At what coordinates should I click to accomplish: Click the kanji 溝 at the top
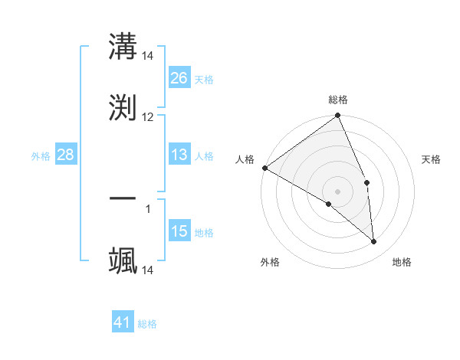(123, 45)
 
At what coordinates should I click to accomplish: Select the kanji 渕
(123, 106)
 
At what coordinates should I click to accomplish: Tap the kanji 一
(123, 198)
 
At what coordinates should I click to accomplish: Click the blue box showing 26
(179, 78)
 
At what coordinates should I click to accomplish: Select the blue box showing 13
(179, 155)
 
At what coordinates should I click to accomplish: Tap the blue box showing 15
(179, 231)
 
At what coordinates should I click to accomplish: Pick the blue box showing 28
(66, 155)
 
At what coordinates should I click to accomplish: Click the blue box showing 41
(123, 322)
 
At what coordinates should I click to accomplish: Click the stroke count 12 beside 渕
(148, 117)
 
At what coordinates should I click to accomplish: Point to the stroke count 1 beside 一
(148, 208)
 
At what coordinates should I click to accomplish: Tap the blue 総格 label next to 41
(148, 324)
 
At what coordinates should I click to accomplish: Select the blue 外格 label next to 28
(41, 155)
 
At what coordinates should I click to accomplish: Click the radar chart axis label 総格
(338, 100)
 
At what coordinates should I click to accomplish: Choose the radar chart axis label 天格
(432, 159)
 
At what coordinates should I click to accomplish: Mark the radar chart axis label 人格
(245, 159)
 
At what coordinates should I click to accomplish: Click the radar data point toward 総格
(337, 116)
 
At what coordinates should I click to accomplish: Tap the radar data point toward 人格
(264, 168)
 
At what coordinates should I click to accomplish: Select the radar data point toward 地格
(374, 242)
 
